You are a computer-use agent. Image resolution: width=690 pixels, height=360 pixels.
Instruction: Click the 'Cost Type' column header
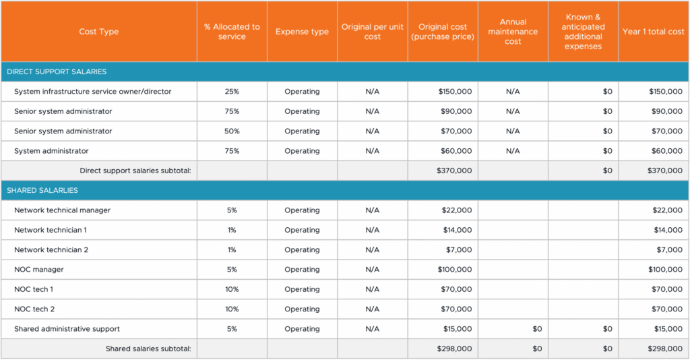point(98,32)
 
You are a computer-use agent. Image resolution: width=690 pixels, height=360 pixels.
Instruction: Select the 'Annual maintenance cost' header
point(513,32)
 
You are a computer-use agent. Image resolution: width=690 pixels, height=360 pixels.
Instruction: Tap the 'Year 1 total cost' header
point(653,32)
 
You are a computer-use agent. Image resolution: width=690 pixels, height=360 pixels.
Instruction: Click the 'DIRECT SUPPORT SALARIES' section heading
point(57,71)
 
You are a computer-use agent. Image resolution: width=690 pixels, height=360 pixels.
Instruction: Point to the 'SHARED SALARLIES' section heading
point(42,190)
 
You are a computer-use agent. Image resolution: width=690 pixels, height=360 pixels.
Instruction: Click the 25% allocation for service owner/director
point(232,92)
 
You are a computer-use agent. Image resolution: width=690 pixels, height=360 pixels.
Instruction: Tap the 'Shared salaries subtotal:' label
point(148,349)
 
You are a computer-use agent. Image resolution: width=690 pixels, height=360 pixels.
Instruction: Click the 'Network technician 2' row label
point(51,250)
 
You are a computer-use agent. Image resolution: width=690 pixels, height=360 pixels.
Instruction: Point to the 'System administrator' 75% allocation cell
point(232,151)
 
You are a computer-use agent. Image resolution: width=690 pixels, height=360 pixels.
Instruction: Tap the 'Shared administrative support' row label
point(67,329)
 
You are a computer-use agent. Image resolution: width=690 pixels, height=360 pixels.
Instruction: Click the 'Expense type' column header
point(302,32)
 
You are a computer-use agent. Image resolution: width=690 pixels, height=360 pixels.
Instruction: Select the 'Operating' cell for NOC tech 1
point(302,289)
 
